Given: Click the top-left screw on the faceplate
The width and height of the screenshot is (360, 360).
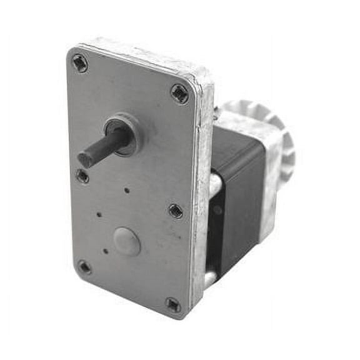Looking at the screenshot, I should (79, 62).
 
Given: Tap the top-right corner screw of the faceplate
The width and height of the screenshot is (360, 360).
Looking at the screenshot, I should (179, 94).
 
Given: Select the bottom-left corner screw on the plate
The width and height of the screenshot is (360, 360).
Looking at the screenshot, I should (84, 267).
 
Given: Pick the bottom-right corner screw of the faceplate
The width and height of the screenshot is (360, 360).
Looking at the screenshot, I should (173, 305).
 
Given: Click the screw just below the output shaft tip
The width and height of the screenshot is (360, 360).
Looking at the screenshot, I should (82, 177).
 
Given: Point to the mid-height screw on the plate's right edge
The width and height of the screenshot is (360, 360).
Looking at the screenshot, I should (176, 211).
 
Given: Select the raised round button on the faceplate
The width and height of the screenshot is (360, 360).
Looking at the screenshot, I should (127, 241).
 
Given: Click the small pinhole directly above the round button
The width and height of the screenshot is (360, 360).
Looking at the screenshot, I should (127, 191).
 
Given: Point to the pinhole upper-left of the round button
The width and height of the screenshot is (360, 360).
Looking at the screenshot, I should (99, 214).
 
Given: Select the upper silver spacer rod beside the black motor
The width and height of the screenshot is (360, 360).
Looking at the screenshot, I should (214, 184).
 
